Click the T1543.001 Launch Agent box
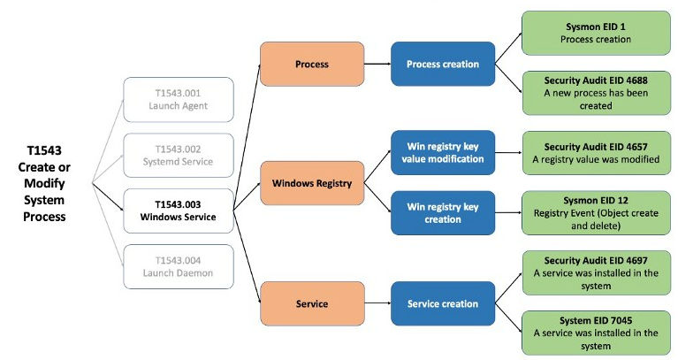[179, 100]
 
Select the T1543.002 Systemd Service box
[179, 156]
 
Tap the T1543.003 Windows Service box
[179, 211]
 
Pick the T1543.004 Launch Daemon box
[179, 266]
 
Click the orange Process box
[312, 64]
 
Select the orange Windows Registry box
[312, 183]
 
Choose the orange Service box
[312, 303]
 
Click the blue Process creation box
[443, 64]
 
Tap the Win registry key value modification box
[443, 153]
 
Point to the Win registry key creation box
[443, 213]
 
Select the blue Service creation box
[443, 303]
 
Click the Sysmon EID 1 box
[597, 34]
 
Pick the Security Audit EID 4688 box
[597, 93]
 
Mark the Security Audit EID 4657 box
[597, 153]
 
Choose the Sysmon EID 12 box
[597, 213]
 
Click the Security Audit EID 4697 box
[597, 273]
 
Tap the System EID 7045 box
[597, 333]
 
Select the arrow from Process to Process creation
[377, 64]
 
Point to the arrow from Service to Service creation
[377, 303]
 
